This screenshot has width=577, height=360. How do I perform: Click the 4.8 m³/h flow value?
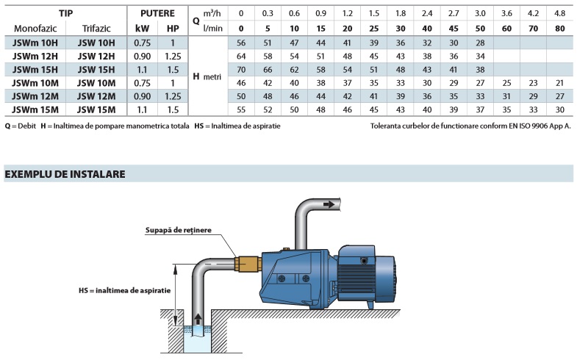click(x=560, y=13)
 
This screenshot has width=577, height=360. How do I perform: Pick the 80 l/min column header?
click(x=560, y=28)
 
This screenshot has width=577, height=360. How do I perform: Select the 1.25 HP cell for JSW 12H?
click(x=173, y=56)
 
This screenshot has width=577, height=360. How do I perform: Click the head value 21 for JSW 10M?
click(x=560, y=82)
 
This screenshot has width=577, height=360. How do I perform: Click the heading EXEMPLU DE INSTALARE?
click(x=65, y=174)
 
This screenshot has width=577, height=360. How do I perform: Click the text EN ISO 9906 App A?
click(x=530, y=126)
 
